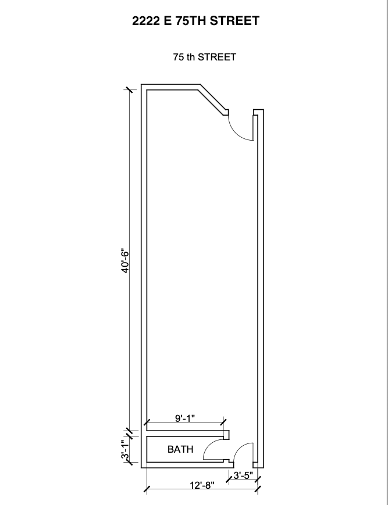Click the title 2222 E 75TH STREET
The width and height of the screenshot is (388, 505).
[x=195, y=21]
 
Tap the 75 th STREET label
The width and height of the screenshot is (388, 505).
[x=205, y=57]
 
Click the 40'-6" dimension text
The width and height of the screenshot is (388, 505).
[x=125, y=260]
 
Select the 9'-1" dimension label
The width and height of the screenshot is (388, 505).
[x=185, y=418]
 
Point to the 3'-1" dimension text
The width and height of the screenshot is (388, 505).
[x=125, y=449]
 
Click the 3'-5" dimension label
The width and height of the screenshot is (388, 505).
[x=243, y=475]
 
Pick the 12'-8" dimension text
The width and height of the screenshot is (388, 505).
[x=202, y=485]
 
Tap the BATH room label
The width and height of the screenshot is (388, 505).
[x=180, y=449]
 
